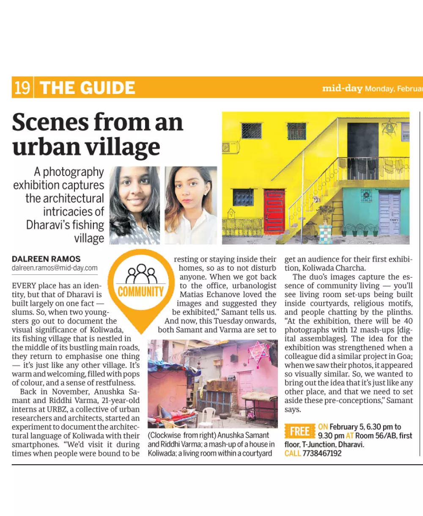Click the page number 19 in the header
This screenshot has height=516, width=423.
[x=22, y=88]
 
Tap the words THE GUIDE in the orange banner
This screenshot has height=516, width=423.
[x=87, y=88]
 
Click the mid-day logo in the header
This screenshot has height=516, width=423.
[x=342, y=88]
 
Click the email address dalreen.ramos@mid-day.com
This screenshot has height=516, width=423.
[x=55, y=268]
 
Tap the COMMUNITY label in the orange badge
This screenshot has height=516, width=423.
[x=140, y=292]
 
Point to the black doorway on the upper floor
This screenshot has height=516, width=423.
[x=363, y=140]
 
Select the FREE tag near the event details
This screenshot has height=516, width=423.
[x=299, y=431]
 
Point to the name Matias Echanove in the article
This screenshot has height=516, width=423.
[x=228, y=294]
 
